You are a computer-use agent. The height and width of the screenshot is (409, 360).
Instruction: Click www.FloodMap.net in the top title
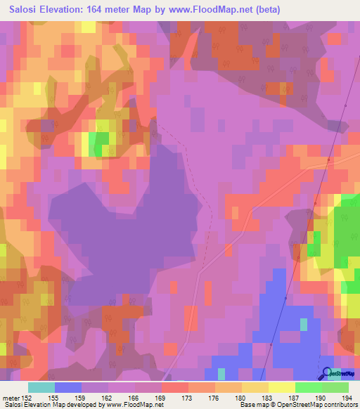214,10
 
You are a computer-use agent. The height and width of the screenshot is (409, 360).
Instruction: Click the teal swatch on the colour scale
41,387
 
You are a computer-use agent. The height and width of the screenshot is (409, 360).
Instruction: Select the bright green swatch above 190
308,387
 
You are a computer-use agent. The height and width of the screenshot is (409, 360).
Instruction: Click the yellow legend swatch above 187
281,387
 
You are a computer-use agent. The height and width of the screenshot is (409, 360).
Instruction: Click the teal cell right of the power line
304,324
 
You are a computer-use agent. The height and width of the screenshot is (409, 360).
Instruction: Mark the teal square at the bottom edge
221,373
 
